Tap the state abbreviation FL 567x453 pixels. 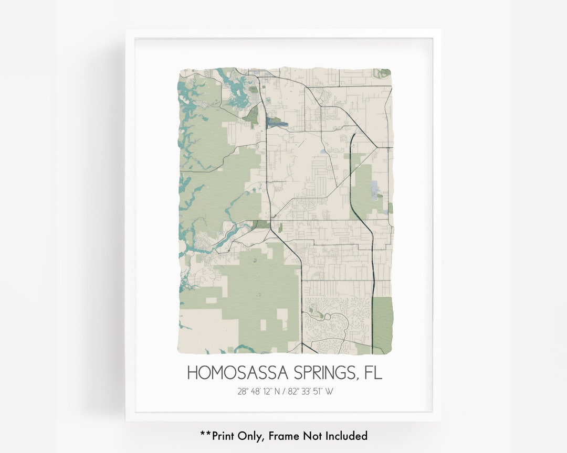[371, 373]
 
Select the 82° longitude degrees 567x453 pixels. [293, 391]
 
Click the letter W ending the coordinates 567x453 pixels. [329, 391]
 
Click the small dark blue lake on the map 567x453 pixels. [277, 124]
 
